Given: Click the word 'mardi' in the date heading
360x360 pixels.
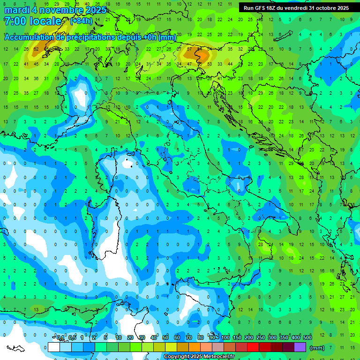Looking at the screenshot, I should (16, 10).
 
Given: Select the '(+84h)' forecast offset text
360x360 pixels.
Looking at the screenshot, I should (82, 21).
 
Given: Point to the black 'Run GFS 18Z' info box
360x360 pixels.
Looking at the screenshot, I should (296, 8).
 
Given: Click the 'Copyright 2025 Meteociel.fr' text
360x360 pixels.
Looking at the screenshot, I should (199, 357).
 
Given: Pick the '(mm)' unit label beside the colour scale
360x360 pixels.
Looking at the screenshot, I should (317, 348).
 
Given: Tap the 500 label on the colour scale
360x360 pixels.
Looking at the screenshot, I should (307, 338).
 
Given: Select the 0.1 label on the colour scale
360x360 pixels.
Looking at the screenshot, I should (60, 338).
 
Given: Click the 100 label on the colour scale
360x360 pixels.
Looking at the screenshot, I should (225, 338).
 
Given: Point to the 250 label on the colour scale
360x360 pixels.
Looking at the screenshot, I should (261, 338).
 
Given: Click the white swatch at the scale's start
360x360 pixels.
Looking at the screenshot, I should (54, 347).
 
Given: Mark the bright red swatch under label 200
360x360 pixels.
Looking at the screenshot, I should (253, 347).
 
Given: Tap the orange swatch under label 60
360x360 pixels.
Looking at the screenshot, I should (183, 347).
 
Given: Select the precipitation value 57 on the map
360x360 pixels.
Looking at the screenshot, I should (189, 49).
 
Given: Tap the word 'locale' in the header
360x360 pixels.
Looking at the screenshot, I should (45, 21).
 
